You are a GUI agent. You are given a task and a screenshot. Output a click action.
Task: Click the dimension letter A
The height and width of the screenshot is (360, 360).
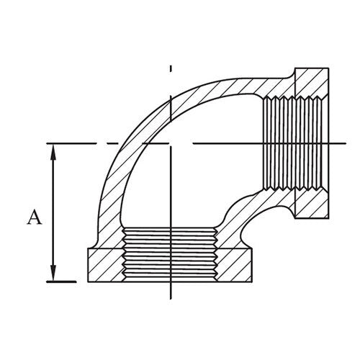point(33,217)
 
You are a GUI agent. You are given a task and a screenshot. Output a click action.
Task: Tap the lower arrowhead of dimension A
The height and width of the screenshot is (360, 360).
point(53,276)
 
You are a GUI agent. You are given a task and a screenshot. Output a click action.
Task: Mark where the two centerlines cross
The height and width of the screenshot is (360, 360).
point(171,143)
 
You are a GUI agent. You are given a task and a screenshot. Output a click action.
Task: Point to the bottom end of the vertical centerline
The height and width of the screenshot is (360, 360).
point(171,297)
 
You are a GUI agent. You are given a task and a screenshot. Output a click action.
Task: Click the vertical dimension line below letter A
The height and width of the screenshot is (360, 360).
point(53,252)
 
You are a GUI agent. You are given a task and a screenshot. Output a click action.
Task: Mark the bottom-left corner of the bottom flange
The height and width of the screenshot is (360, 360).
point(86,282)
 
